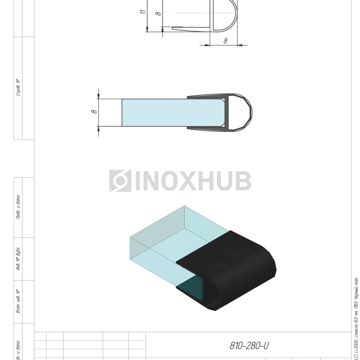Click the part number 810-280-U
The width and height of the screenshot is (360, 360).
(249, 346)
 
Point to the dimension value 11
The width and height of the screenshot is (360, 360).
(143, 11)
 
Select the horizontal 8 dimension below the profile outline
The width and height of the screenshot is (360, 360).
(225, 41)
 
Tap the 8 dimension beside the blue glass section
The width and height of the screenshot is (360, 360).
(94, 111)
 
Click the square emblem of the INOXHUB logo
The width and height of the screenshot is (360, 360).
(120, 181)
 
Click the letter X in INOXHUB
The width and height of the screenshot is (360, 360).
(190, 181)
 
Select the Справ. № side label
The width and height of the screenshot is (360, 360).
(19, 87)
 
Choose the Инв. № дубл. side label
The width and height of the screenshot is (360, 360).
(19, 260)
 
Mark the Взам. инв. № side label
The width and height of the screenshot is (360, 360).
(19, 302)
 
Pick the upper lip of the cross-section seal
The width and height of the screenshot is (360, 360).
(206, 97)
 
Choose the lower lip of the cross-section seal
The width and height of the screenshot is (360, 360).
(206, 128)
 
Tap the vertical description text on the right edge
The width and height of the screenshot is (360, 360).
(356, 319)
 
